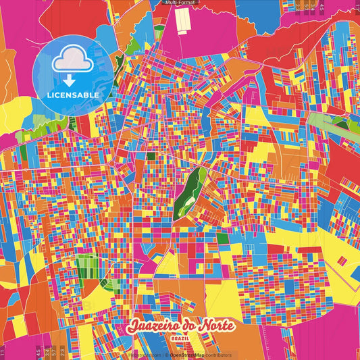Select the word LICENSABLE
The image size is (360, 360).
tap(73, 95)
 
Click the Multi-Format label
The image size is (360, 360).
tap(180, 3)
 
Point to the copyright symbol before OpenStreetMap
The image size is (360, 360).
tap(165, 355)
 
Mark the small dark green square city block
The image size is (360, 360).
tap(151, 157)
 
